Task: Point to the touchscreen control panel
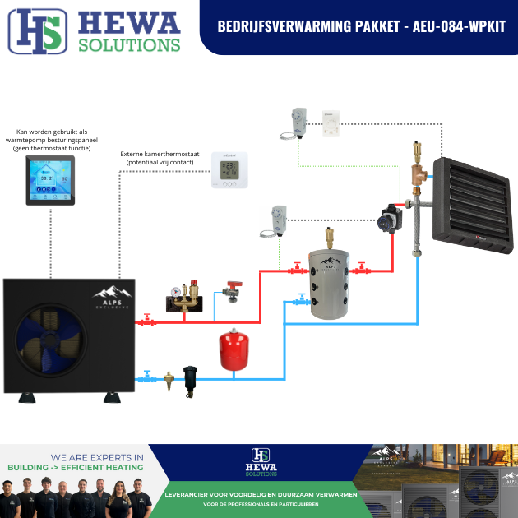pyautogui.click(x=50, y=180)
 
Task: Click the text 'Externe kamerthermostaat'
pyautogui.click(x=160, y=153)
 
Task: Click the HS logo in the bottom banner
pyautogui.click(x=260, y=456)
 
